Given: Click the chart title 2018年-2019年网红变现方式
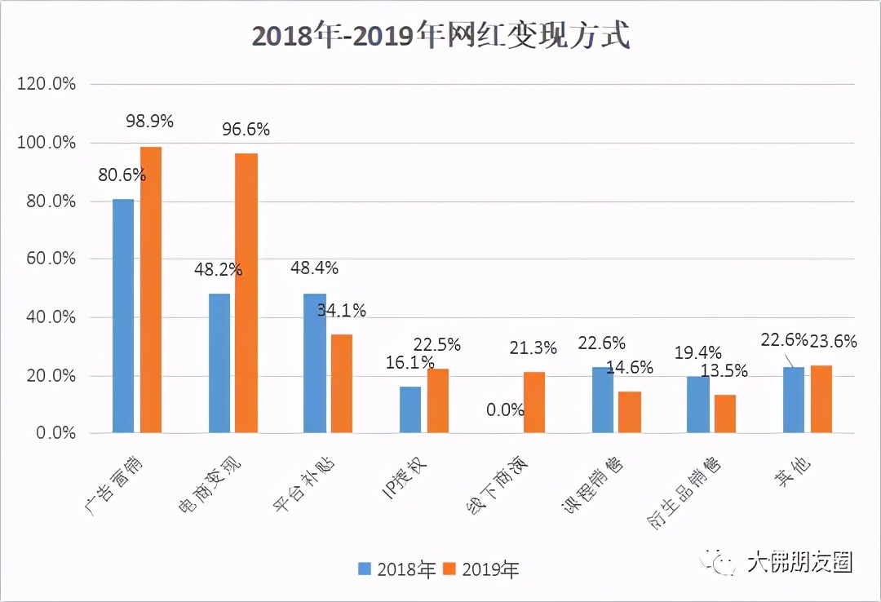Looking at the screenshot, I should coord(440,38).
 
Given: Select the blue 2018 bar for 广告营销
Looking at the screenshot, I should coord(123,316).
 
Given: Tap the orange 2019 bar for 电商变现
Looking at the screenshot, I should coord(246,293).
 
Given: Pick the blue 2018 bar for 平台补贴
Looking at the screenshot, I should coord(314,363).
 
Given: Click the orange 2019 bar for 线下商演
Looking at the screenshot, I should coord(534,402).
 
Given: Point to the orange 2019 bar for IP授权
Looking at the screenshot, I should coord(438,401).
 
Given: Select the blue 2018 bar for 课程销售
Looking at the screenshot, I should coord(603,400).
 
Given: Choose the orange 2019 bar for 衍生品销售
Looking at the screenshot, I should coord(725,414).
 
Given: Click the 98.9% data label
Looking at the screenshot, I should coord(149,122).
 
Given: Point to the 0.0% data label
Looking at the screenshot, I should coord(505,409).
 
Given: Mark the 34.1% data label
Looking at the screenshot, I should coord(342,310).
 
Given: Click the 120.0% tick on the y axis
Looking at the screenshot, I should coord(46,85).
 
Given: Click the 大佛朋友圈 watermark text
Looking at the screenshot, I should coord(799,562).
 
